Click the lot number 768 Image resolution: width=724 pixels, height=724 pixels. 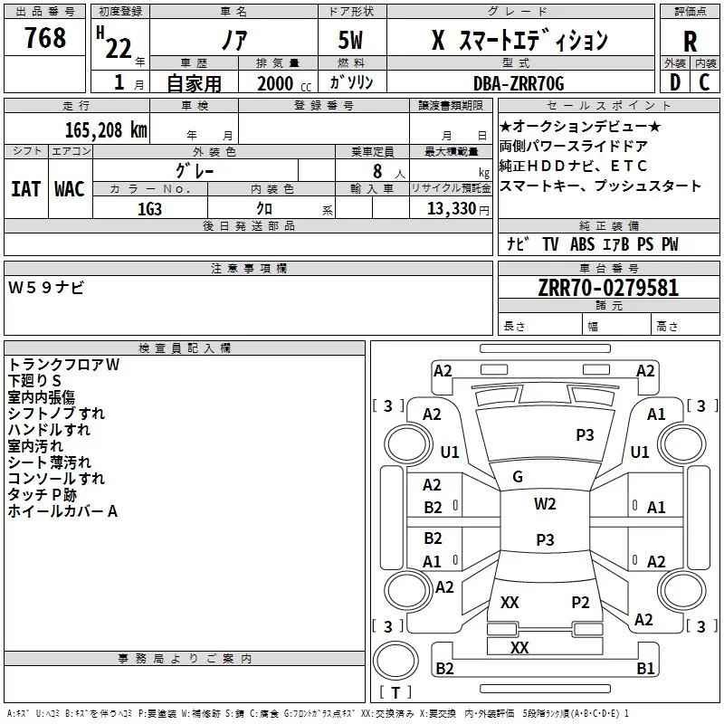pos(45,38)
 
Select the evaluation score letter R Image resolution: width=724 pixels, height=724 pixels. pos(690,42)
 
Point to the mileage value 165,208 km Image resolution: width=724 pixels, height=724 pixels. pos(105,129)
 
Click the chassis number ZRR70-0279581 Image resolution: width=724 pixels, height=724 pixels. pos(608,289)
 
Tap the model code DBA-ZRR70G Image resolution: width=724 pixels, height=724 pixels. pos(518,83)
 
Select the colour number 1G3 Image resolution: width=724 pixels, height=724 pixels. pos(149,208)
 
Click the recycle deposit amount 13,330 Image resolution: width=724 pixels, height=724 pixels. pos(450,208)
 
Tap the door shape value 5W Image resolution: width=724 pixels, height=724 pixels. pos(353,42)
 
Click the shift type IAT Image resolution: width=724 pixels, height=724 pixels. pos(26,189)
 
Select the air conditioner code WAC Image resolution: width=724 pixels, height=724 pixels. pos(70,189)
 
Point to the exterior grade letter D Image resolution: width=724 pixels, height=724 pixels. pos(674,83)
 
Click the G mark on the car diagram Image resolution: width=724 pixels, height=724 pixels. pos(517,476)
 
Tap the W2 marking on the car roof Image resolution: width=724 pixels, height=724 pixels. pos(545,504)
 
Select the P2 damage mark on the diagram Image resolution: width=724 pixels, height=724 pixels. pos(580,603)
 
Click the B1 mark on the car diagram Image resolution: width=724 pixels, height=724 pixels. pos(645,669)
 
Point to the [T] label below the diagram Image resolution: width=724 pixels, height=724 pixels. pos(395,693)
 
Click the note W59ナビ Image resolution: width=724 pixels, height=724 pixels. pos(46,288)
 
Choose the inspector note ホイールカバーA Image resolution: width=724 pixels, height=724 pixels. pos(63,511)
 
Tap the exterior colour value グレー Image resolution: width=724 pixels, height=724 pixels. pos(195,169)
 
